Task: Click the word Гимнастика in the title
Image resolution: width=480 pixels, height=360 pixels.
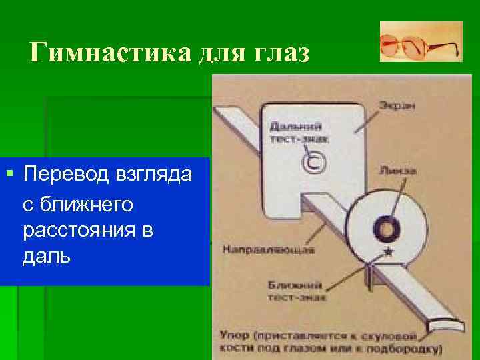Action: [111, 51]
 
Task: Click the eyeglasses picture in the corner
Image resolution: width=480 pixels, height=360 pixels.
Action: [421, 41]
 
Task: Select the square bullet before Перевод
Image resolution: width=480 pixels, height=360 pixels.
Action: [9, 174]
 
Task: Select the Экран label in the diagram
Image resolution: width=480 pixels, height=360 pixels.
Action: [395, 105]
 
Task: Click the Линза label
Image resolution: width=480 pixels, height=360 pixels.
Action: [398, 171]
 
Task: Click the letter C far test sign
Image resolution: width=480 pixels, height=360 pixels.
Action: [313, 163]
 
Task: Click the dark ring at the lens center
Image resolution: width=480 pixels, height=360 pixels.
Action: [385, 228]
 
